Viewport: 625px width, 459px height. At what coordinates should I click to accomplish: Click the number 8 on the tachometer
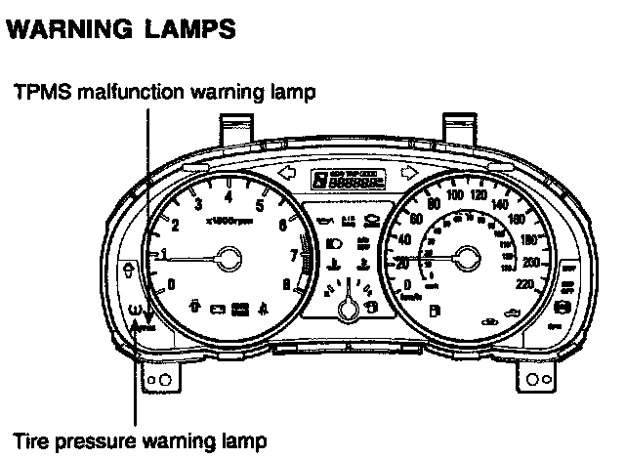pos(285,285)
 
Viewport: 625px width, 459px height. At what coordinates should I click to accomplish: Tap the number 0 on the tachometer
pos(172,284)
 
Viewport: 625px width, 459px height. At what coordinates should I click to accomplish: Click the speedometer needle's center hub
pos(465,258)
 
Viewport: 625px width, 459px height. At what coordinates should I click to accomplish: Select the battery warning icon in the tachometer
pos(217,311)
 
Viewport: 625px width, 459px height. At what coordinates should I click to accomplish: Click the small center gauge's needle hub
pos(347,311)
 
